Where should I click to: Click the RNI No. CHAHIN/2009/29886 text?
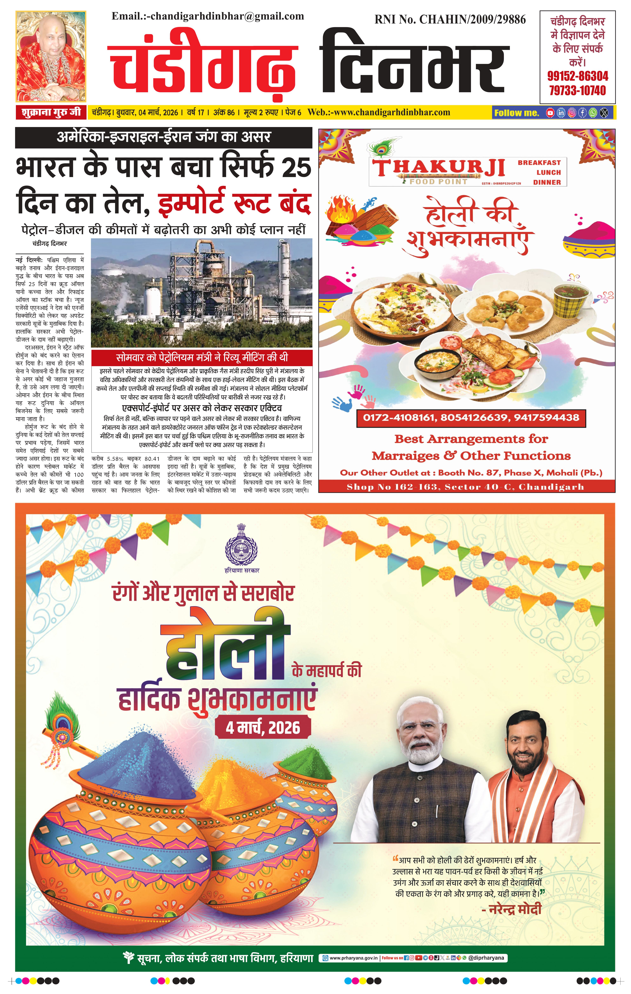[450, 19]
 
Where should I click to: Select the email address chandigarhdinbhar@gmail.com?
[227, 17]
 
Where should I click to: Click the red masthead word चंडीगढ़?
[202, 66]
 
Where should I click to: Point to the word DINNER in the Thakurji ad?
[547, 182]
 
